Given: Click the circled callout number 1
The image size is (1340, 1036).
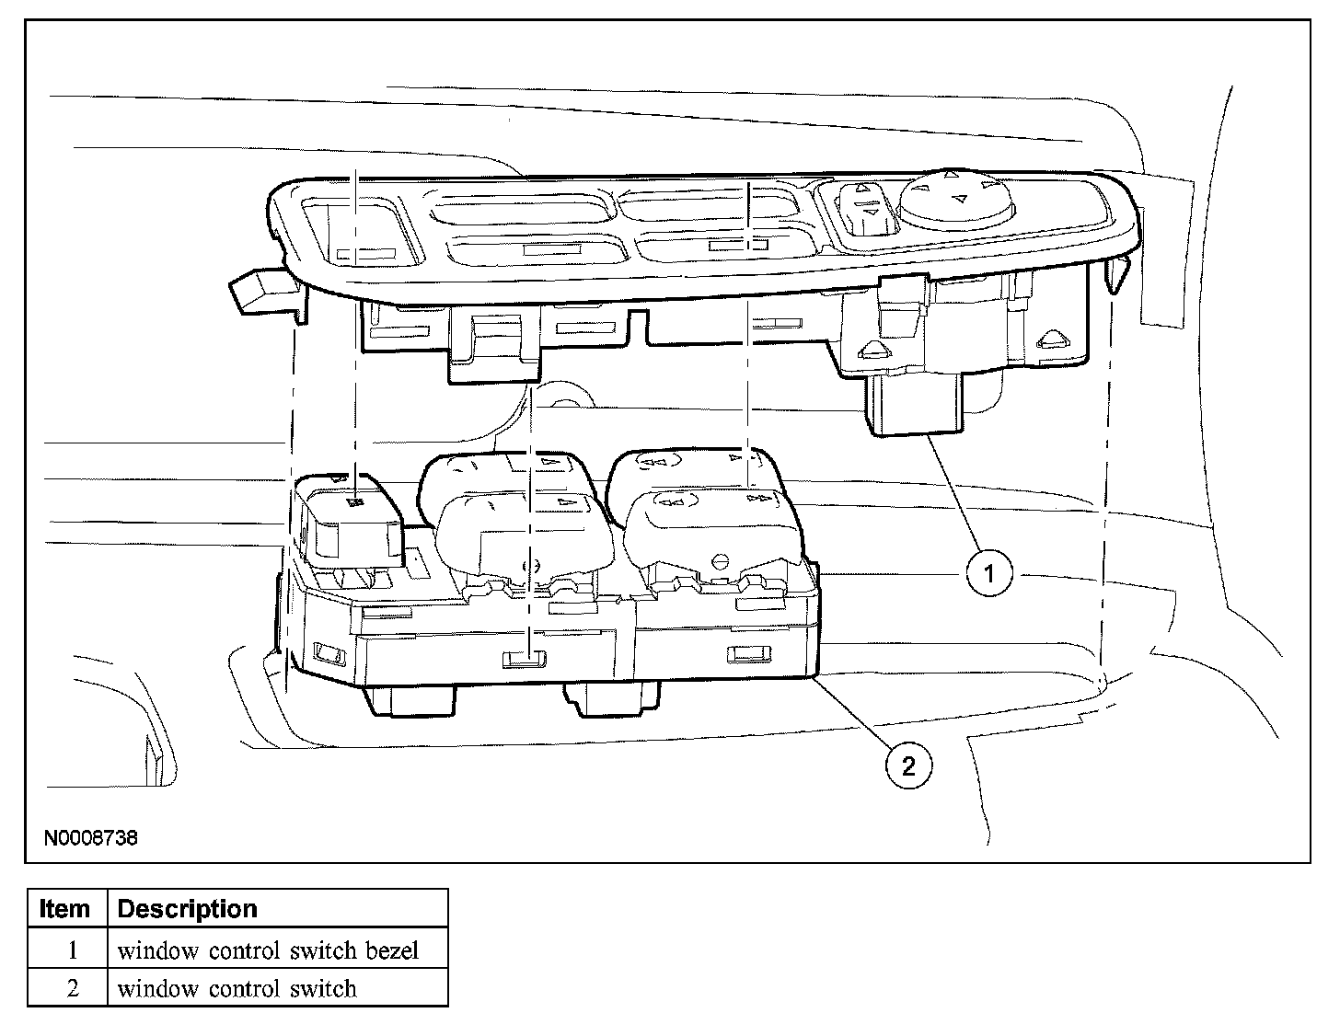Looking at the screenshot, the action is (x=989, y=574).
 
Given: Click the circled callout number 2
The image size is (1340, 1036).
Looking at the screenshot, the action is (x=908, y=765).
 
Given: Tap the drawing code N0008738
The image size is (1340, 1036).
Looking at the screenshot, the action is (x=90, y=839).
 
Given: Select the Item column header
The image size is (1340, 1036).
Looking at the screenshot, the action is (x=66, y=909).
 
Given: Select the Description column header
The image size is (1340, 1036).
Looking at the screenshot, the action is (x=188, y=909).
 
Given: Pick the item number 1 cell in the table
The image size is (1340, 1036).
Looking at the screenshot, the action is (x=70, y=950).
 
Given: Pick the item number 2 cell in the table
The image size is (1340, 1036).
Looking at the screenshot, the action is (x=70, y=988).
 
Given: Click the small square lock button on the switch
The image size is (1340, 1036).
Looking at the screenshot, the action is (x=353, y=520).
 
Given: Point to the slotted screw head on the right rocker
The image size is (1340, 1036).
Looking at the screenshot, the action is (x=722, y=560).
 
